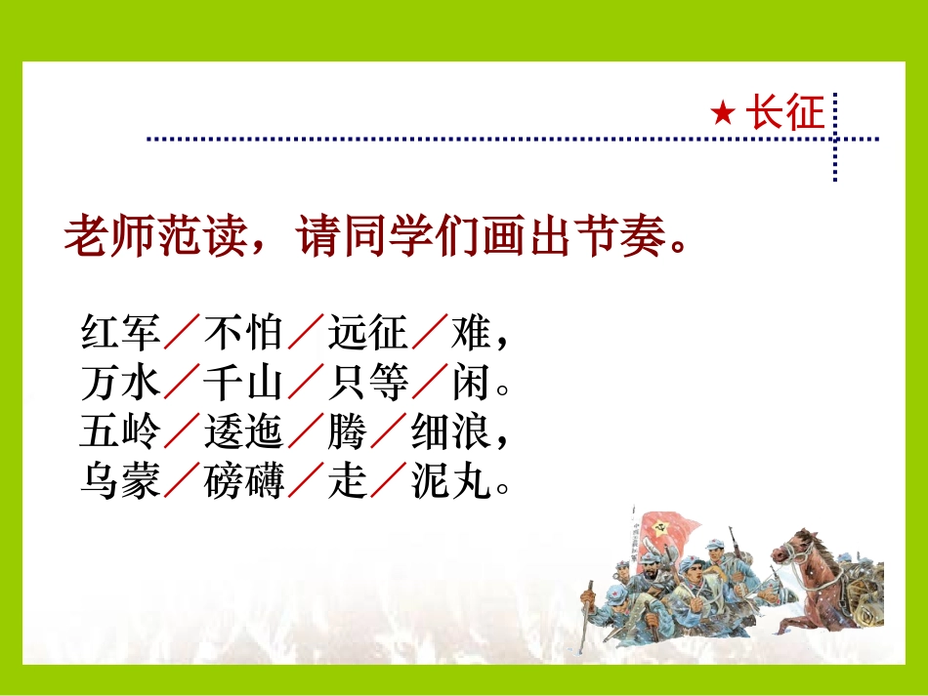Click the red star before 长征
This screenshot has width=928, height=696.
[722, 115]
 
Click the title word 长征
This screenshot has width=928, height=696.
[784, 114]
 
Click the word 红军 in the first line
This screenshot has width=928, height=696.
[120, 334]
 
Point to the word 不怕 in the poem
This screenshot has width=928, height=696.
[243, 334]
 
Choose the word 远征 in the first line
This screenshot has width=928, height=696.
[367, 334]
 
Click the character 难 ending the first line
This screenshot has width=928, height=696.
[470, 334]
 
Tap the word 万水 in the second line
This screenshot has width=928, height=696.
[120, 385]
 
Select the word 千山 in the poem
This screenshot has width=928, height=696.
[243, 385]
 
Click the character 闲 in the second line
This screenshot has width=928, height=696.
[470, 385]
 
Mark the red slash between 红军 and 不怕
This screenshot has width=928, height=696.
[182, 334]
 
